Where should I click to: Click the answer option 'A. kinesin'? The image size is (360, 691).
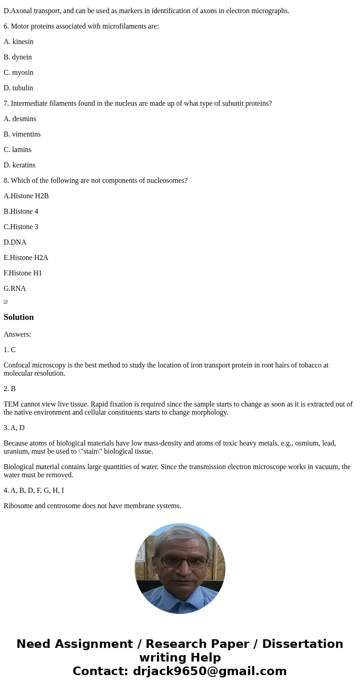pos(19,42)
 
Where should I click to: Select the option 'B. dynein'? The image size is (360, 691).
pos(18,57)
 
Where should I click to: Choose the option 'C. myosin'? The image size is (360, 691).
pos(19,73)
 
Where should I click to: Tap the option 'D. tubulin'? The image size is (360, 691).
pos(18,88)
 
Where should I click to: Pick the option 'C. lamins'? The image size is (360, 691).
pos(18,150)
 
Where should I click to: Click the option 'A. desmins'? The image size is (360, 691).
pos(20,119)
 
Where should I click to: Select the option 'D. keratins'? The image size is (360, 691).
pos(19,165)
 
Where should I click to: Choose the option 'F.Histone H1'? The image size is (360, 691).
pos(23,273)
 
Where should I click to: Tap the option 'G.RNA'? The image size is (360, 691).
pos(15,289)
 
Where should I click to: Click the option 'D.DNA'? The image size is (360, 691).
pos(15,242)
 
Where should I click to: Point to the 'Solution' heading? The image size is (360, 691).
pos(19,317)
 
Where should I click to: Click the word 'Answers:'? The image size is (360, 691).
pos(17,334)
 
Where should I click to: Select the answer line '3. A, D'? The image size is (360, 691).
pos(14,428)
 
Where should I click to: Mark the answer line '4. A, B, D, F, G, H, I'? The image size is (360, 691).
pos(34,490)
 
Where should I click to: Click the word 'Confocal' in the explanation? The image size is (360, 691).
pos(17,365)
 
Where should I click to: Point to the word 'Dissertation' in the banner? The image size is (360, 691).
pos(302,644)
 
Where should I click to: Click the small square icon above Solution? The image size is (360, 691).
pos(5,302)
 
